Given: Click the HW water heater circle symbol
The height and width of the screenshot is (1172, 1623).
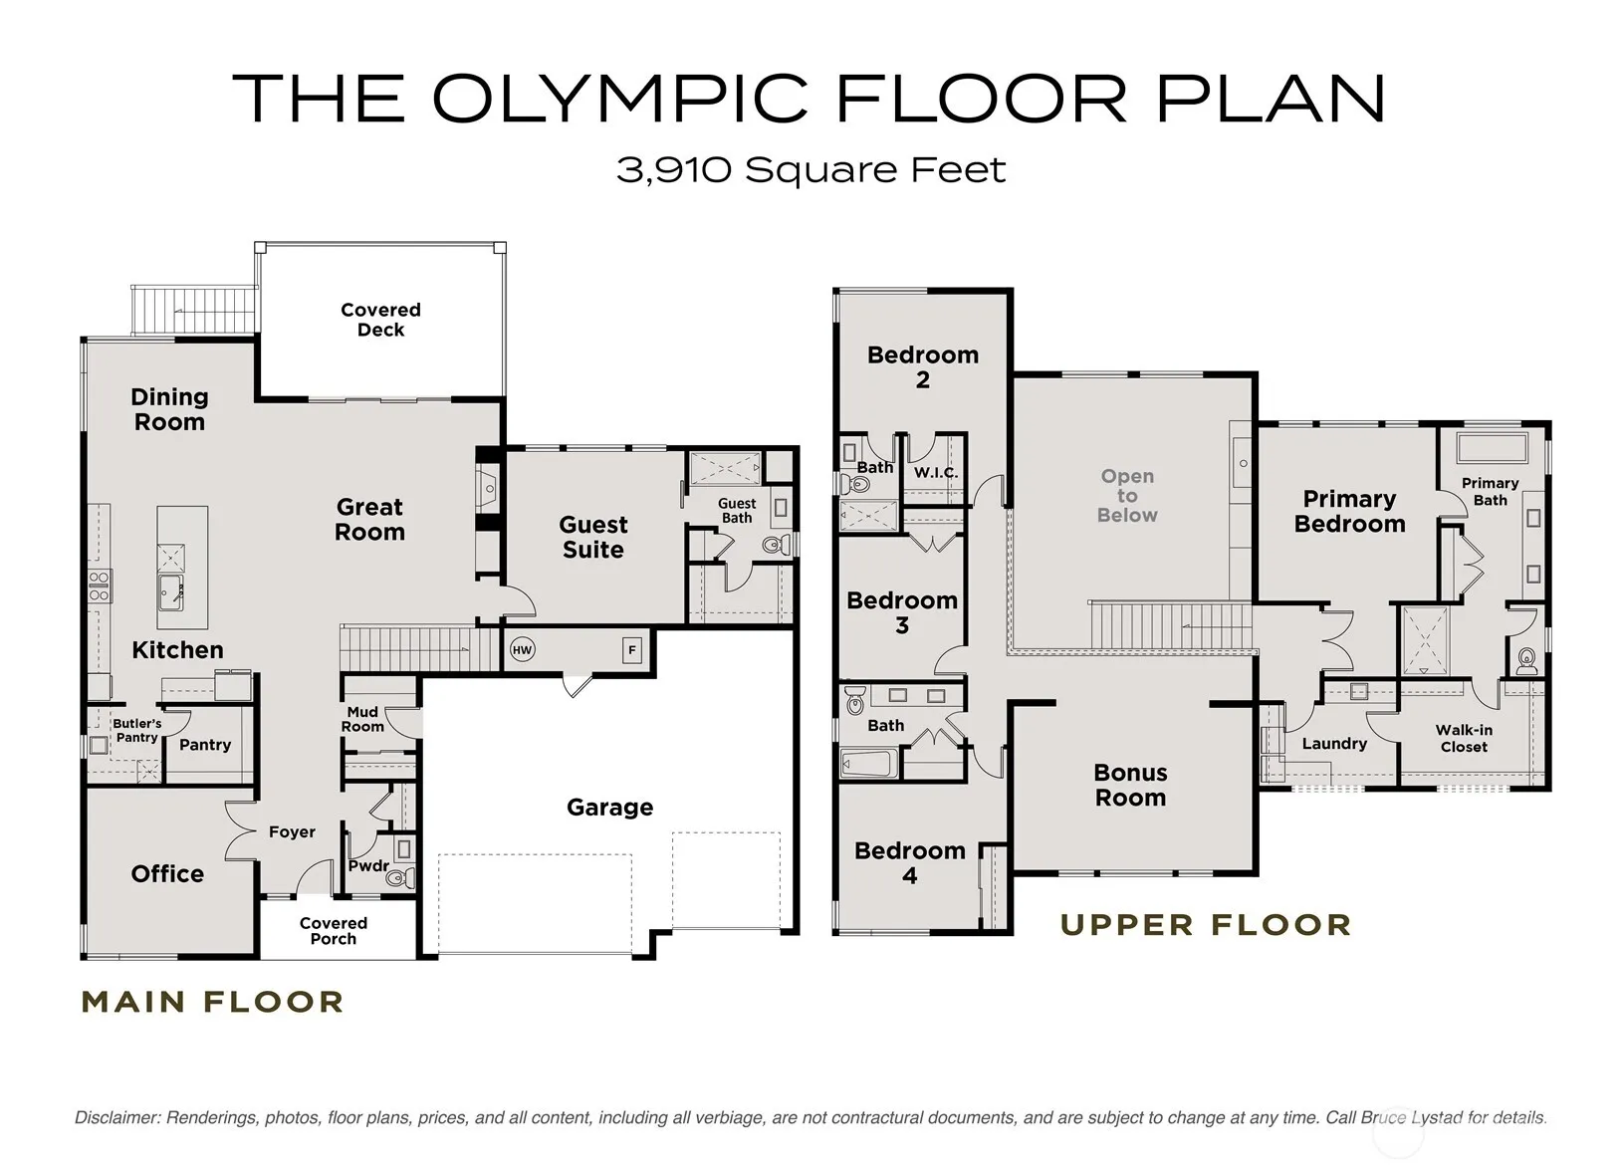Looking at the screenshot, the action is (523, 650).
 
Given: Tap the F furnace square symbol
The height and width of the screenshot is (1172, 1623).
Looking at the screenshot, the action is (632, 650).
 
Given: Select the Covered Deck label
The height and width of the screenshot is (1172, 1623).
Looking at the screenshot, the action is (381, 320).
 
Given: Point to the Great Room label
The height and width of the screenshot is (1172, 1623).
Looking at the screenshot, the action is (369, 519).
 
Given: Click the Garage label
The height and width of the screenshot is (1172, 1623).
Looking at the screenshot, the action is (610, 807).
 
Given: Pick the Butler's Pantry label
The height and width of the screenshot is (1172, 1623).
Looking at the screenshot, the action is (137, 730).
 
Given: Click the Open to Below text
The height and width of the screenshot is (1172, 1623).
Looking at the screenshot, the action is (1127, 496).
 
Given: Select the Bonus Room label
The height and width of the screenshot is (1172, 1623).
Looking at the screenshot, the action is (1130, 785).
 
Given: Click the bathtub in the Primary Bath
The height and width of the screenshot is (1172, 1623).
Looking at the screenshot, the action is (1493, 447).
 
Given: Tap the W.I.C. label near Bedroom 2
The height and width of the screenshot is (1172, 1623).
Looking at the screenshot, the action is (935, 473).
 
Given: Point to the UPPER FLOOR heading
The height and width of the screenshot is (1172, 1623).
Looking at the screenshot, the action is (1207, 925).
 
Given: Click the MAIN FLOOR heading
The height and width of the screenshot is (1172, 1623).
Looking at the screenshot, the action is (212, 1002).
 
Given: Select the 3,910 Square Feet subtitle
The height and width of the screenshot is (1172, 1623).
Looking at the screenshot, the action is (811, 170).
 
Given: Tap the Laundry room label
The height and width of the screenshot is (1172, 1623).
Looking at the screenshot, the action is (1334, 744).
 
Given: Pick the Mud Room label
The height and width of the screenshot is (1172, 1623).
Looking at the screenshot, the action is (362, 719).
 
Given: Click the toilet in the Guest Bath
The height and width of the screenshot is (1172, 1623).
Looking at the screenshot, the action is (775, 545).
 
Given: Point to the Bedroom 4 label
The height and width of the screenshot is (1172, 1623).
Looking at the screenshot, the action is (910, 862).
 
